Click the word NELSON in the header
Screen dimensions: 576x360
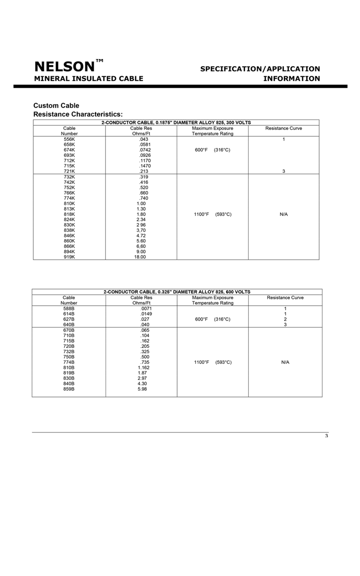(64, 67)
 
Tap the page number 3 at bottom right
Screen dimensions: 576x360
(326, 436)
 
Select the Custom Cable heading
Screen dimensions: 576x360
(56, 106)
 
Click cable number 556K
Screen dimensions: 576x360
(70, 139)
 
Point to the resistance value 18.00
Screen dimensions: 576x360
(140, 257)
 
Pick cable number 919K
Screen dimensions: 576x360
(70, 257)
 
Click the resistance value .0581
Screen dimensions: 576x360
(144, 144)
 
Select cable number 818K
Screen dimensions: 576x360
(70, 214)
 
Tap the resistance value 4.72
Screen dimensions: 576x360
(141, 236)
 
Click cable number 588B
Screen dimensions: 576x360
(69, 309)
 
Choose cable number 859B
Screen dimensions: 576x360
(69, 389)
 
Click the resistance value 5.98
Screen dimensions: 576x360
(143, 389)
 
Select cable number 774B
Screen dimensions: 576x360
(69, 362)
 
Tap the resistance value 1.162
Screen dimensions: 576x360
(144, 368)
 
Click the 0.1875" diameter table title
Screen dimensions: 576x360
(176, 122)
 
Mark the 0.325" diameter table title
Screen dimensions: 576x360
(177, 292)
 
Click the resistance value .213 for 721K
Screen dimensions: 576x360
(143, 171)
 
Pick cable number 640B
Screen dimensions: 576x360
(69, 324)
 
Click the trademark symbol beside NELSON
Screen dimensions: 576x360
(99, 61)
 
